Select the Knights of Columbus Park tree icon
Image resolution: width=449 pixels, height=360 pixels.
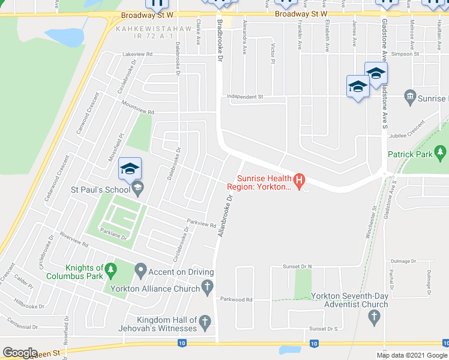pos(110,272)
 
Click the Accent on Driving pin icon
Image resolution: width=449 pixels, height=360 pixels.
pos(140,271)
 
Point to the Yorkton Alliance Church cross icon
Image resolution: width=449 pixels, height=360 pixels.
pos(207,288)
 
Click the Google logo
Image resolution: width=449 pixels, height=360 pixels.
pos(20,353)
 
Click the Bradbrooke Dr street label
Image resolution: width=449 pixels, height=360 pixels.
pos(219,40)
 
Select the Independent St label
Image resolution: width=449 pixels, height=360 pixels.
pos(245,97)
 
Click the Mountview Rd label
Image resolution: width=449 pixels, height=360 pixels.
pos(137,112)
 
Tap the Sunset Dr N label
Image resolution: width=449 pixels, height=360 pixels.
pos(298,266)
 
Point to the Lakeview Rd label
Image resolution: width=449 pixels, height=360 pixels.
pos(137,54)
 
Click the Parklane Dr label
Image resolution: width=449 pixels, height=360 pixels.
pos(116,238)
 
